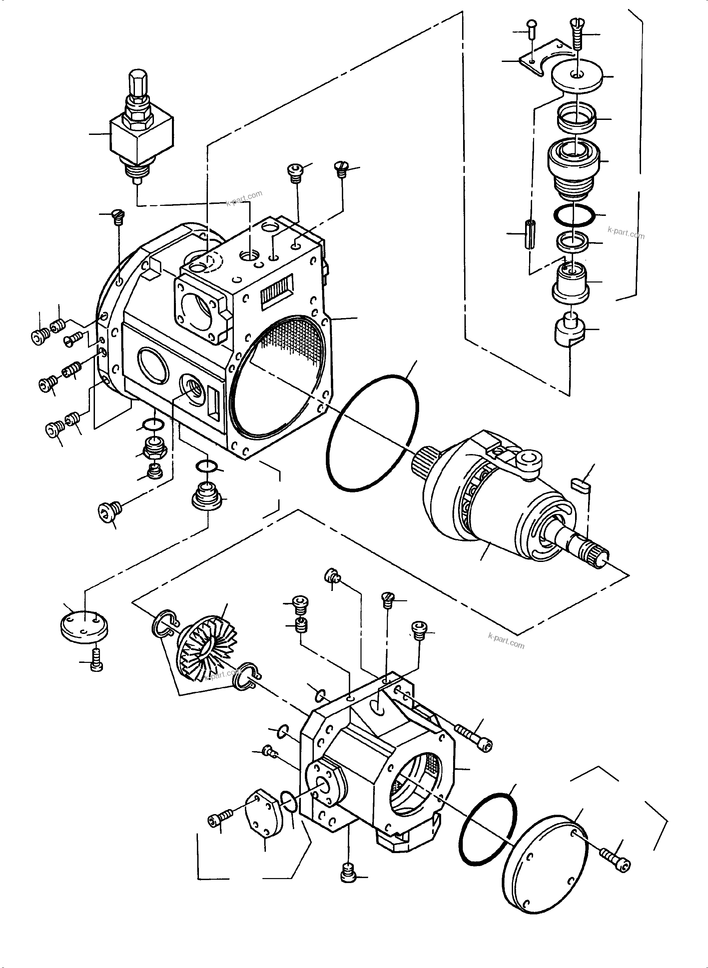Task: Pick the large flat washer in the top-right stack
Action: coord(577,76)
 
